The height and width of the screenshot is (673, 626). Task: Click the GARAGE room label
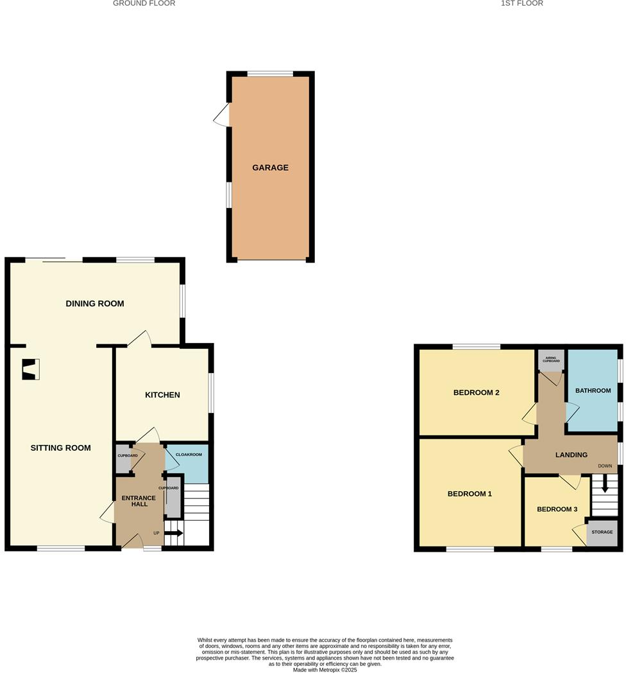270,168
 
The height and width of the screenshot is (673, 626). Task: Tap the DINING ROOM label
95,304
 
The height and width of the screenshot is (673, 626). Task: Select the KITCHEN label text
162,395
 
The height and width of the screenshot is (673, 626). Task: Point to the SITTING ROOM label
61,448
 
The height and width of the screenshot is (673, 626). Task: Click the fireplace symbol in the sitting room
30,369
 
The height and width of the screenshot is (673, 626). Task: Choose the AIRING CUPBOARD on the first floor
551,359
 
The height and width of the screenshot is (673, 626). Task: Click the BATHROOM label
593,390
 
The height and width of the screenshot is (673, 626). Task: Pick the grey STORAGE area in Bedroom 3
602,533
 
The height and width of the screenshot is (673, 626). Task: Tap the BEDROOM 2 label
476,393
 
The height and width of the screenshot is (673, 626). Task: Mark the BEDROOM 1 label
469,494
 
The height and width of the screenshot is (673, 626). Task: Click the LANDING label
571,455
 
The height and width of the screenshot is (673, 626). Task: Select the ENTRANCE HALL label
139,501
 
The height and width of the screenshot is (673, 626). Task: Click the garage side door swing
222,116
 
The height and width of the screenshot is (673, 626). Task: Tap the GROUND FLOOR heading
144,3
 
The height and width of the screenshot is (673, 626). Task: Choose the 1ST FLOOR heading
522,3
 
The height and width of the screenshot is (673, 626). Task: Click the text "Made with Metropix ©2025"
325,670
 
